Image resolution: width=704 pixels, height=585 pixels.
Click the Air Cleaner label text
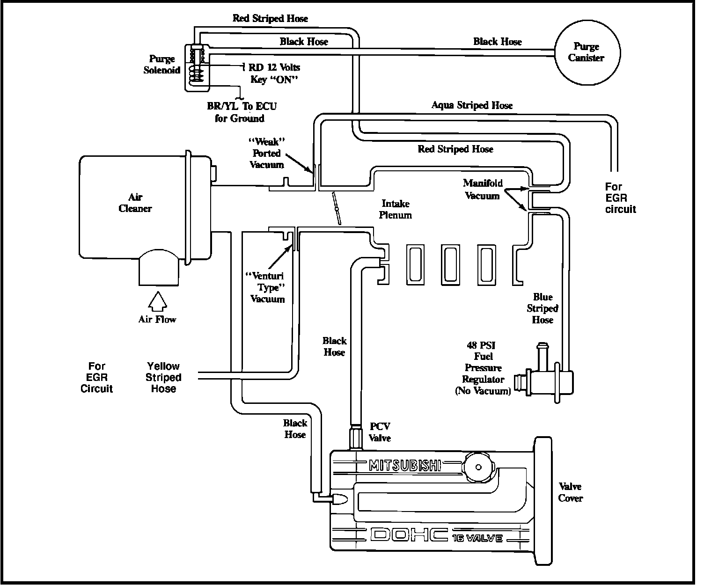click(135, 203)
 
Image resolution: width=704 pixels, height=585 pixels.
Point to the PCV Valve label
click(380, 432)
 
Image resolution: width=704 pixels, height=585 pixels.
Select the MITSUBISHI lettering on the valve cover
click(405, 465)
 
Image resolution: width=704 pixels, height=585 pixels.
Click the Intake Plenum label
click(396, 209)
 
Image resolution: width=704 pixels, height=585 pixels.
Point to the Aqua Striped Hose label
click(472, 105)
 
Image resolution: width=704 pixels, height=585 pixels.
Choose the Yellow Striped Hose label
click(163, 377)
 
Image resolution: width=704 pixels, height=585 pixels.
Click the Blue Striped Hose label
click(543, 308)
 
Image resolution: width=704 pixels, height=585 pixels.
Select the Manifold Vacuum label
click(482, 189)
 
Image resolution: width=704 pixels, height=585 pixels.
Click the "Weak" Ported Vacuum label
click(267, 153)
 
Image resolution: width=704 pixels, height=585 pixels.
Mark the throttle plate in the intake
click(336, 208)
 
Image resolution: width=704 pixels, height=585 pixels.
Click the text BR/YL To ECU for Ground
click(242, 112)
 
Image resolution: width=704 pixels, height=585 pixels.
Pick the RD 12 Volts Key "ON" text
click(274, 73)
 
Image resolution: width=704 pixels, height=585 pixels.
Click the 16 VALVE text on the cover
click(477, 538)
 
